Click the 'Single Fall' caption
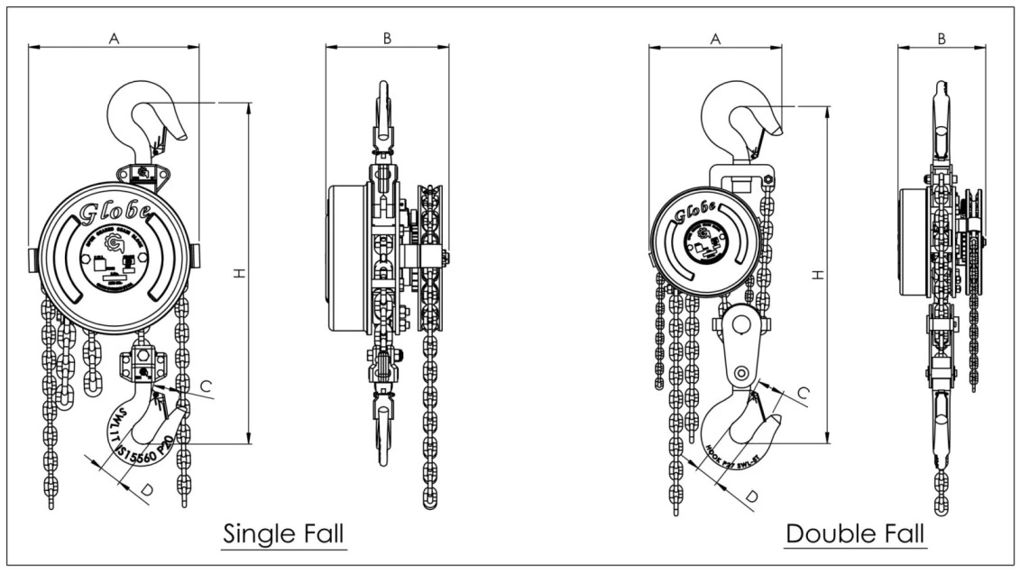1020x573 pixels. point(283,533)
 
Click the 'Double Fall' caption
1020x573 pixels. point(855,533)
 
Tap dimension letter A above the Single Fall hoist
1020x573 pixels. point(114,38)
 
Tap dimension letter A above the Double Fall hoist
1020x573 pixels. point(715,38)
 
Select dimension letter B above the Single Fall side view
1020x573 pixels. point(387,38)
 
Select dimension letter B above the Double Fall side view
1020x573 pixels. point(942,38)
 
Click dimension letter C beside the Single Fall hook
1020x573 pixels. point(206,387)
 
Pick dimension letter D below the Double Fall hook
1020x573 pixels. point(750,496)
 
